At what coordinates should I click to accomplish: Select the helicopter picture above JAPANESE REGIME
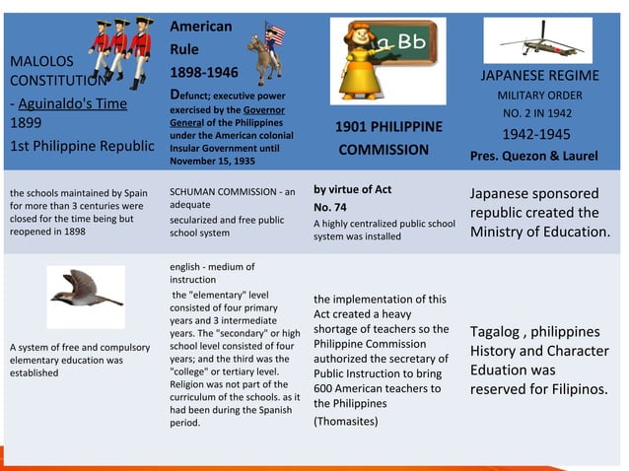(537, 39)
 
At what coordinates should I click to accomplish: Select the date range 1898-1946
(203, 73)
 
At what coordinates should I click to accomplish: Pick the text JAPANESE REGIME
(538, 76)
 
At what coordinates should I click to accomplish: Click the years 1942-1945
(536, 134)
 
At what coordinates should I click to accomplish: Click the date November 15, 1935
(211, 160)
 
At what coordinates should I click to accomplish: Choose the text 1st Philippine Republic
(82, 146)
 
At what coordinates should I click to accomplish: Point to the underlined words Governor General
(229, 116)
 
